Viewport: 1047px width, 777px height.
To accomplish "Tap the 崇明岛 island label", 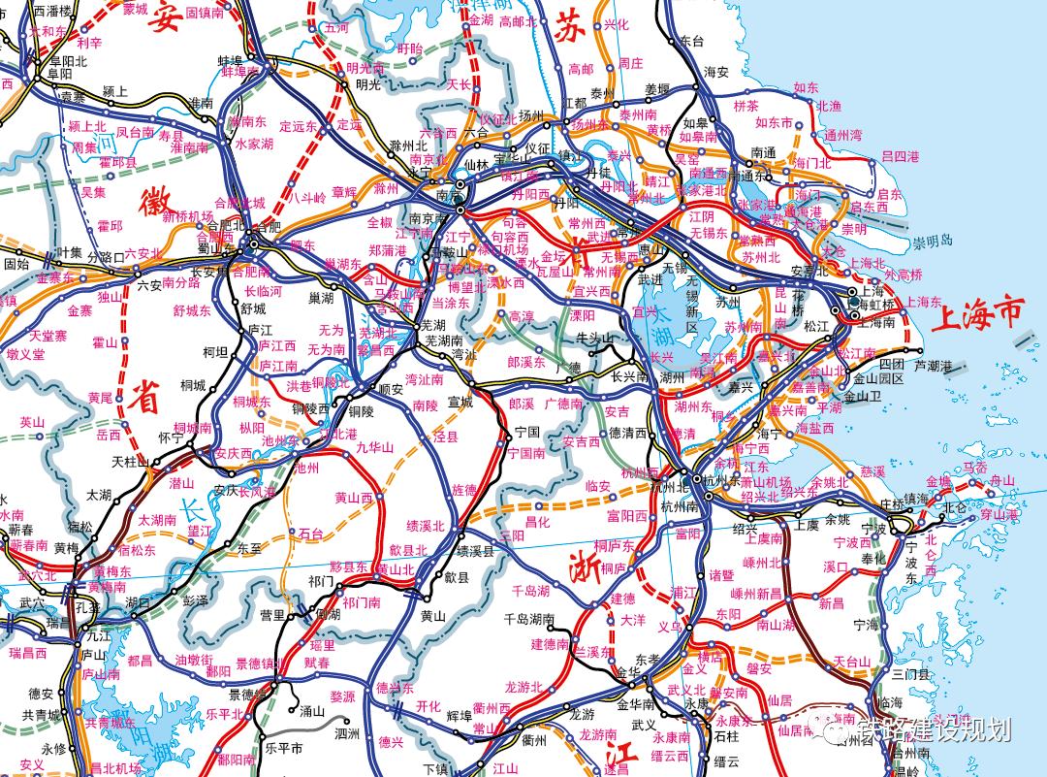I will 932,241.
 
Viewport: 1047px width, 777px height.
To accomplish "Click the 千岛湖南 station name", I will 528,619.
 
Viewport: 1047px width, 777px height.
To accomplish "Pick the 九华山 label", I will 375,447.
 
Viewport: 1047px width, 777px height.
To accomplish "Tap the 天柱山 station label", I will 129,461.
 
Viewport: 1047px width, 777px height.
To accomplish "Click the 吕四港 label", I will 900,155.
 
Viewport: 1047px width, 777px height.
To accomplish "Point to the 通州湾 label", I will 842,135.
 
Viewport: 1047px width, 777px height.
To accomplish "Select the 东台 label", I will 690,41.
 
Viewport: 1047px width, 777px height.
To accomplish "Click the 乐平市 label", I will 283,748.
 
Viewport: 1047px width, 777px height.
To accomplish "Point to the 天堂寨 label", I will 48,336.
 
